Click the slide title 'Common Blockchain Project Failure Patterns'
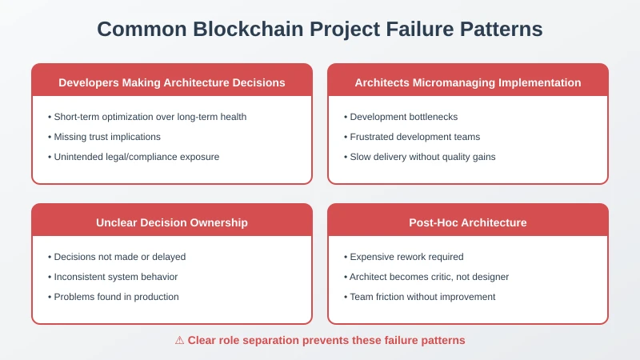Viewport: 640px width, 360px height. pos(320,30)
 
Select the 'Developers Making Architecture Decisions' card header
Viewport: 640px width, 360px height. pos(172,82)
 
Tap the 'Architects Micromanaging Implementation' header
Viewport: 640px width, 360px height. pos(468,82)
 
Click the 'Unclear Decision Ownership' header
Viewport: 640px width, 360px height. pos(172,222)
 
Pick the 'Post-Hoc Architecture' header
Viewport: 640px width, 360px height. pos(468,222)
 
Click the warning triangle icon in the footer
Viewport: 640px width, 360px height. pos(180,340)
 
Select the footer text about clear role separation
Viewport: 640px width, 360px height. pos(326,340)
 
